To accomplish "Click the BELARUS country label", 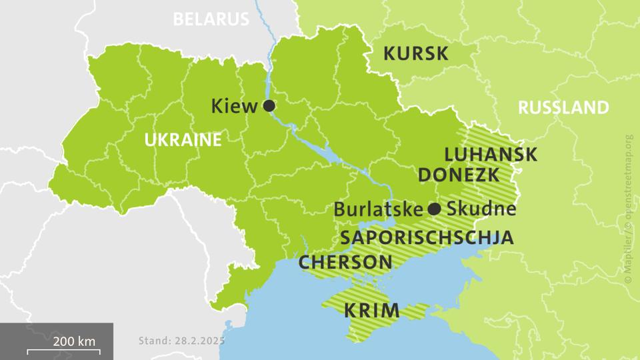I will click(210, 19).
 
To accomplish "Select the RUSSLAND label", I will click(563, 107).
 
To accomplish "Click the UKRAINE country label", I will click(183, 140).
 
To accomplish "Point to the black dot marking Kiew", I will click(269, 106).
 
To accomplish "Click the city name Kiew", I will click(234, 106).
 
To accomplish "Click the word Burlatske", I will click(378, 209).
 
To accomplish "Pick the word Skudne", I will click(481, 209).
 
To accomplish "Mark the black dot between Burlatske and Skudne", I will click(434, 209).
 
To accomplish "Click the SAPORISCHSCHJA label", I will click(427, 237).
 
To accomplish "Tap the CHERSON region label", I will click(345, 262).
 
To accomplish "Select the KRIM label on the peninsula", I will click(371, 310).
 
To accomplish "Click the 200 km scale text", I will click(75, 341).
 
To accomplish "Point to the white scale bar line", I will click(63, 351).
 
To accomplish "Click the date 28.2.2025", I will click(199, 341).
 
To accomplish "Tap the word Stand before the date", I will click(155, 341).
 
